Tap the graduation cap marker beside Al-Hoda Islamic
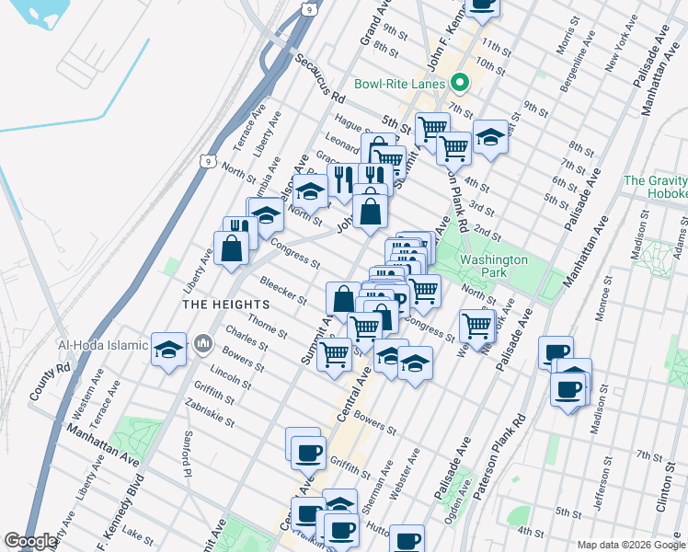coord(169,351)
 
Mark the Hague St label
coord(351,122)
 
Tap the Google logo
coord(31,541)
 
